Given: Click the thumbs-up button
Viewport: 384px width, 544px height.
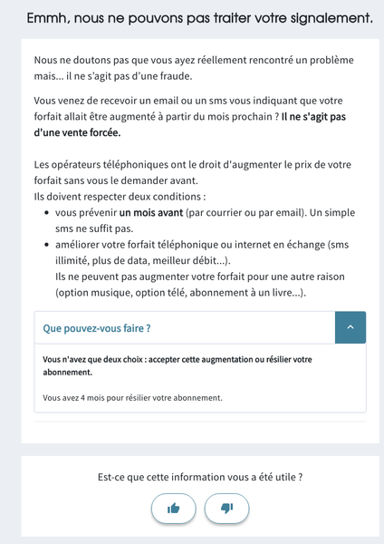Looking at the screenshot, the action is coord(173,508).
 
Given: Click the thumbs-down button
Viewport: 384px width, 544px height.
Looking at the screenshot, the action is coord(226,508).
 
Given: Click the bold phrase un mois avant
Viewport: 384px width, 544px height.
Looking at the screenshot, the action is coord(150,212).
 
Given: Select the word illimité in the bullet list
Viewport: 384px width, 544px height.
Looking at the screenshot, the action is coord(72,261).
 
